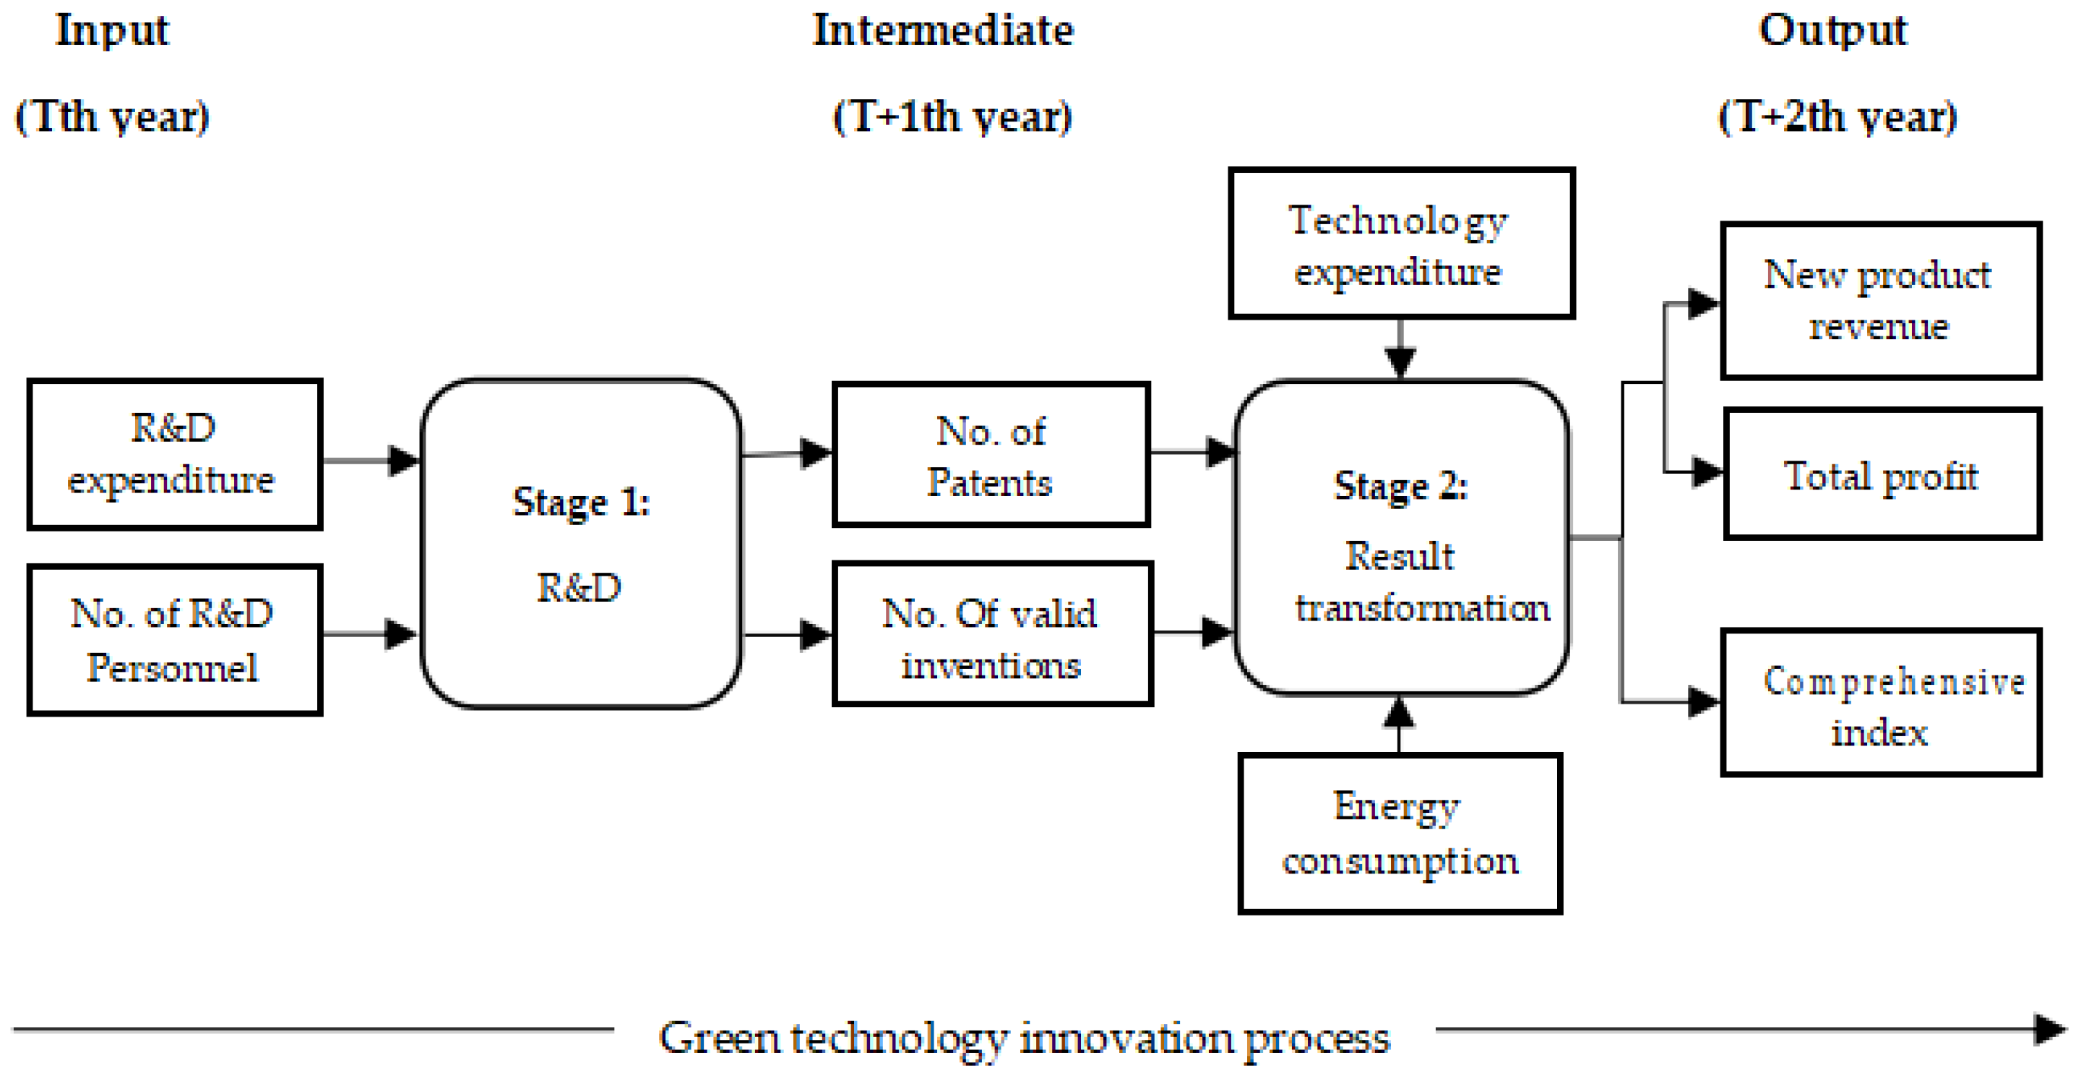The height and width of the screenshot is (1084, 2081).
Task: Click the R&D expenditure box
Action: tap(174, 453)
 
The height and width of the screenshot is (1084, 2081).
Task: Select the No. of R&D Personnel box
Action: tap(174, 639)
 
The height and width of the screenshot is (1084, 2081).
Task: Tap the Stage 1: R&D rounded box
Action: tap(581, 543)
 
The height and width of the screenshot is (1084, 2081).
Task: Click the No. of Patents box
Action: tap(991, 455)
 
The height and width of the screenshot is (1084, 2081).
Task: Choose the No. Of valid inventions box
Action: tap(992, 633)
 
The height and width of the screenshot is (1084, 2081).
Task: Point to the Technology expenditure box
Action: tap(1401, 243)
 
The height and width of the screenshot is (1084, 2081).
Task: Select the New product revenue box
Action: tap(1881, 301)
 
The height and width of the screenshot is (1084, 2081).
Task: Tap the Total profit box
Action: tap(1882, 474)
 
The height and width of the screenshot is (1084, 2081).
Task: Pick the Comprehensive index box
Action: tap(1881, 702)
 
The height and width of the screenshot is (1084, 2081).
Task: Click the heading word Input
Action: tap(112, 30)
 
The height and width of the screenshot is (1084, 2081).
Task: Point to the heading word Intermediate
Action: tap(943, 30)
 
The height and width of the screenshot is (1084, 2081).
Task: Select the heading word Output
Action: tap(1832, 30)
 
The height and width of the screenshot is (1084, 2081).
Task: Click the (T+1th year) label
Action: tap(952, 117)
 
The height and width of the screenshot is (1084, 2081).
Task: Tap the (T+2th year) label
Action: tap(1837, 117)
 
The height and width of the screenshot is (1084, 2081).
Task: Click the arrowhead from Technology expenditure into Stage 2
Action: tap(1400, 362)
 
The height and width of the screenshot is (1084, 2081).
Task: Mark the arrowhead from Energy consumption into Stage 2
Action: tap(1398, 712)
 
